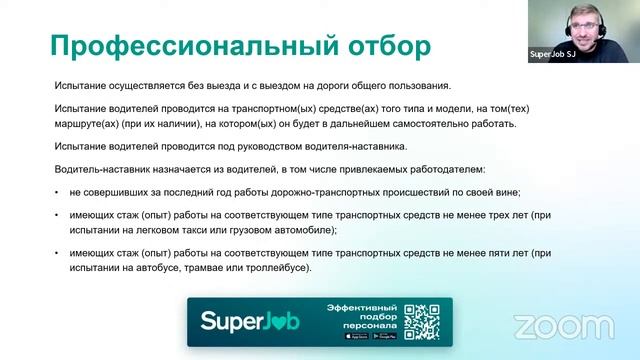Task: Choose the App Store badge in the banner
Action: [355, 336]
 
